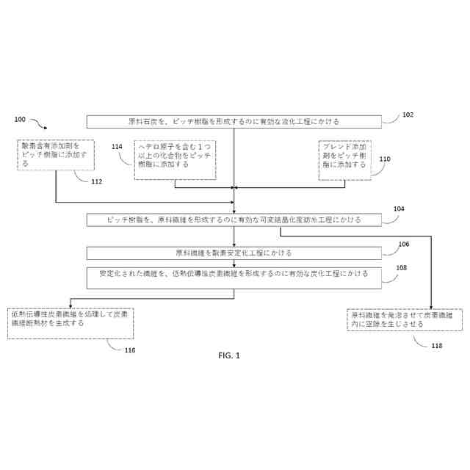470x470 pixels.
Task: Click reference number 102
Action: pos(408,115)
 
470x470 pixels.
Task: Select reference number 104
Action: pos(398,209)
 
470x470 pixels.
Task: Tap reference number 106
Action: pos(403,244)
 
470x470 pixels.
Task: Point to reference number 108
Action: pos(401,268)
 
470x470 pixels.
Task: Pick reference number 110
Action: pos(384,159)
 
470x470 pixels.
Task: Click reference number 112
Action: pos(97,181)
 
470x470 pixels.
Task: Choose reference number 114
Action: pos(117,147)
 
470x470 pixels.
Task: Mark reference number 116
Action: pos(130,350)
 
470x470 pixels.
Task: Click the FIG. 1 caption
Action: pos(229,355)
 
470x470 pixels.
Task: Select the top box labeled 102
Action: pos(234,121)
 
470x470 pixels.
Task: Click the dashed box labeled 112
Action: pos(55,155)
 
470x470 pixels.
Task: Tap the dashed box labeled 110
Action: pos(344,160)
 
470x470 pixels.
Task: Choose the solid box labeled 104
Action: pos(234,220)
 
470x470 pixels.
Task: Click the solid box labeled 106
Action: pos(234,253)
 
